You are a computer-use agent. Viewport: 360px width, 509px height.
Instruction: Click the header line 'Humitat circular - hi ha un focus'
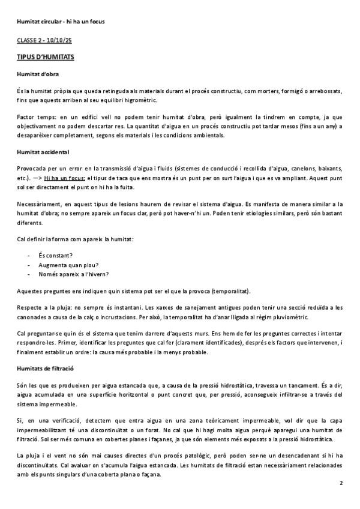tap(61, 22)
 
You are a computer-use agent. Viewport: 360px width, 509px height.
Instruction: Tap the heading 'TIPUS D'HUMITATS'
tap(46, 56)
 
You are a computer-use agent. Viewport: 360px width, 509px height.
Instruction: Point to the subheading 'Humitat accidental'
tap(43, 152)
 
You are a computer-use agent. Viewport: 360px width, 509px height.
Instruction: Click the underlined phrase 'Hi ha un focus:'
tap(65, 178)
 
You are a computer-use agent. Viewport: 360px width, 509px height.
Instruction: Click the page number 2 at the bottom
tap(341, 483)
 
